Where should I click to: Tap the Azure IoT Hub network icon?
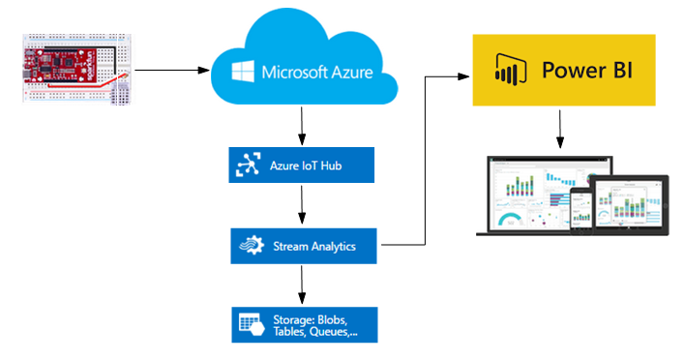(245, 165)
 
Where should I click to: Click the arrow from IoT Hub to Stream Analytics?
(303, 203)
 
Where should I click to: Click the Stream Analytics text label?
(313, 246)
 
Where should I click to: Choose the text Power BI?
(581, 71)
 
